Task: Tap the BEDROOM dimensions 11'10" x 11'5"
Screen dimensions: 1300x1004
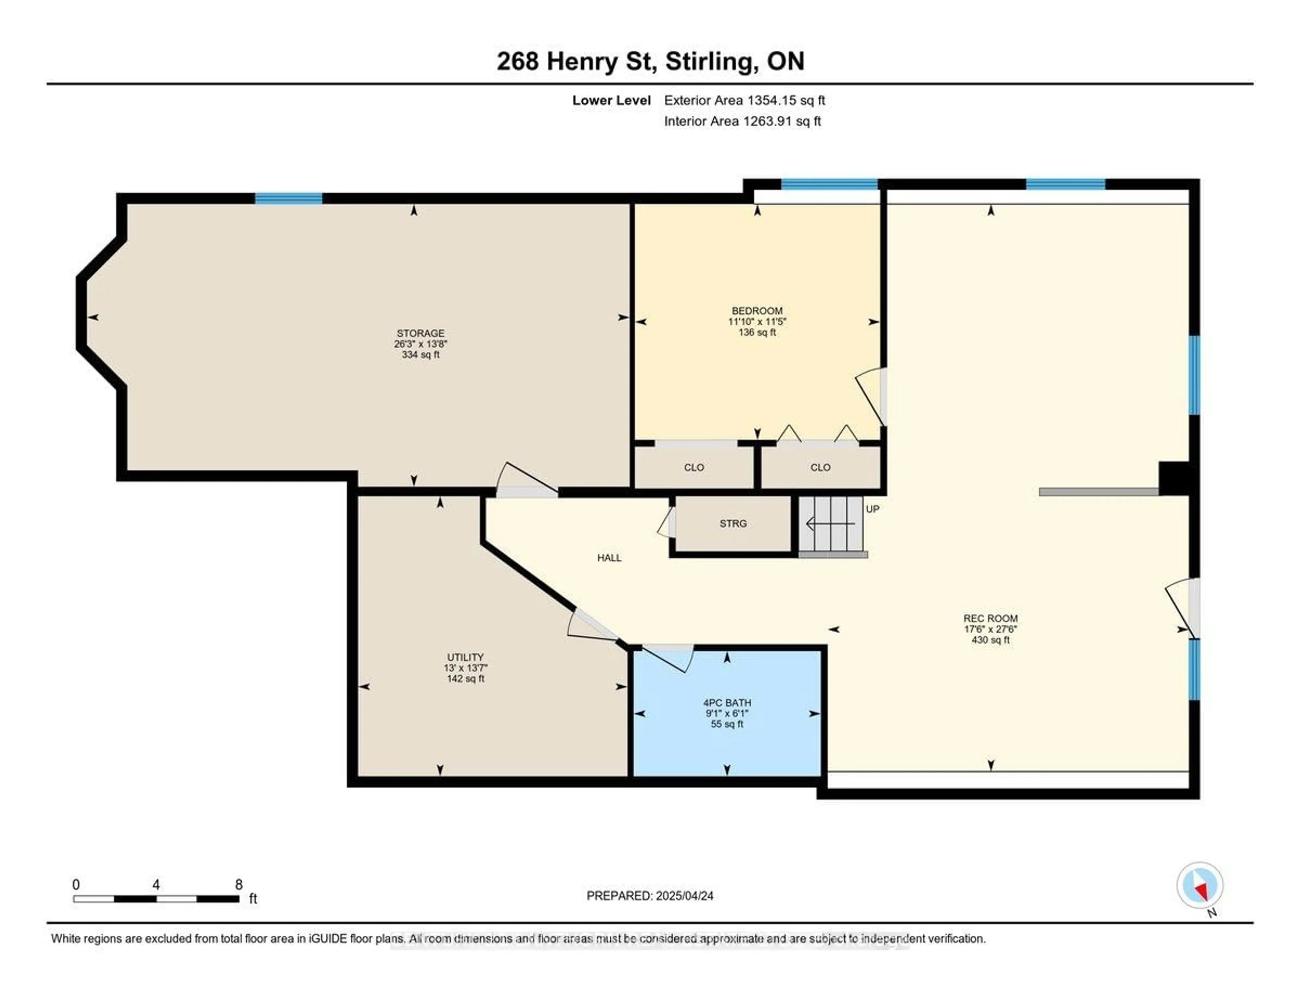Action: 757,321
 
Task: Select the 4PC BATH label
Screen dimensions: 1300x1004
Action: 727,703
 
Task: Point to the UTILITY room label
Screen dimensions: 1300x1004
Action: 465,657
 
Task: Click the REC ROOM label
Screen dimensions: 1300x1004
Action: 991,618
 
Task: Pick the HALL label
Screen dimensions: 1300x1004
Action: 609,558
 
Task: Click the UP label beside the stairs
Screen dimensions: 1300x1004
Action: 872,509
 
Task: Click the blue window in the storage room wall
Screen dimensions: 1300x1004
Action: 289,198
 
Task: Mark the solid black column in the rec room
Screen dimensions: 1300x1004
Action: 1173,478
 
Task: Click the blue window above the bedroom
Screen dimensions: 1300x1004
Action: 829,184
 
